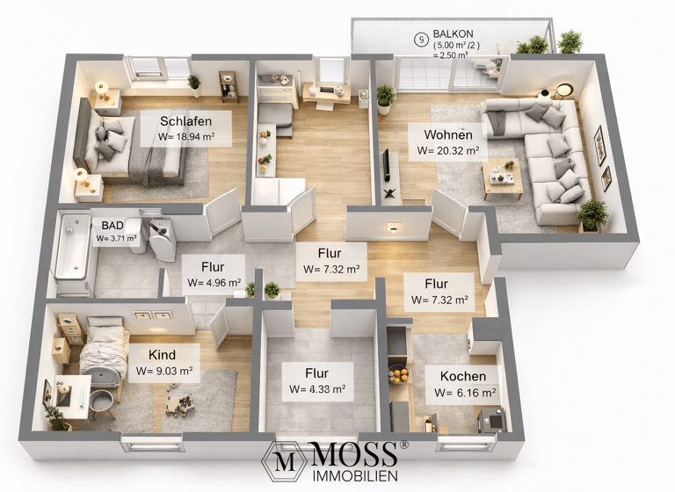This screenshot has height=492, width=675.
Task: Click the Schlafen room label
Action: (183, 120)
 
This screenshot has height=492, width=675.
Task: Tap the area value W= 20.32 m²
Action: (448, 150)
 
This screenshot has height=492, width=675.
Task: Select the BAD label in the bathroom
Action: (112, 226)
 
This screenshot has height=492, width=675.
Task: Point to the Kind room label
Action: (162, 354)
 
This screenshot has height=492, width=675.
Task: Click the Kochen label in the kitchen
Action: (462, 376)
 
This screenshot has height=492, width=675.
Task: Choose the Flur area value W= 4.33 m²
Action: (316, 389)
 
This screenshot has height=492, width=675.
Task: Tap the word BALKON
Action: (453, 33)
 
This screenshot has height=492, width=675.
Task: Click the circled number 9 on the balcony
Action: (423, 39)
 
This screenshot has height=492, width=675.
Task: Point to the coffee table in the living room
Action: (502, 177)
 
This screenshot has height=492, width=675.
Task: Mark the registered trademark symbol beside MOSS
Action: (404, 445)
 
